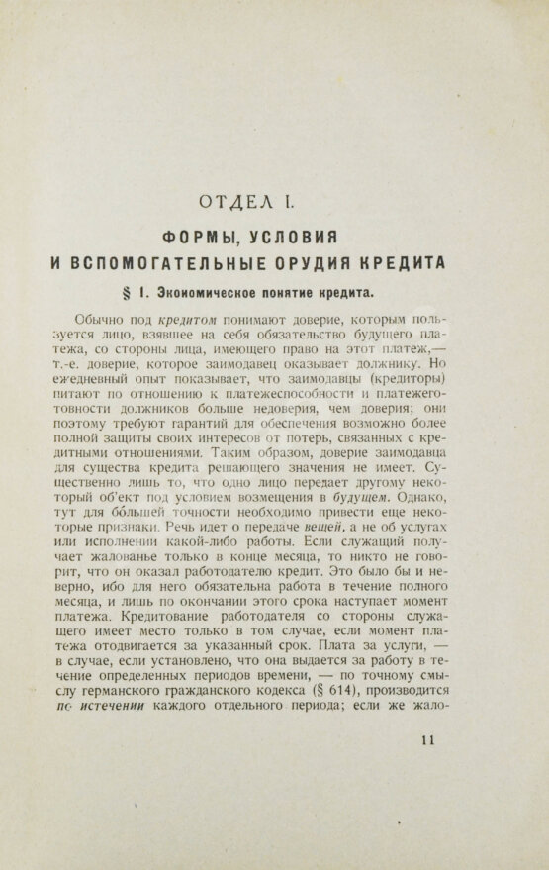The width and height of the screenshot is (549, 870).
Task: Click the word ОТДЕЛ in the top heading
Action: point(234,204)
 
